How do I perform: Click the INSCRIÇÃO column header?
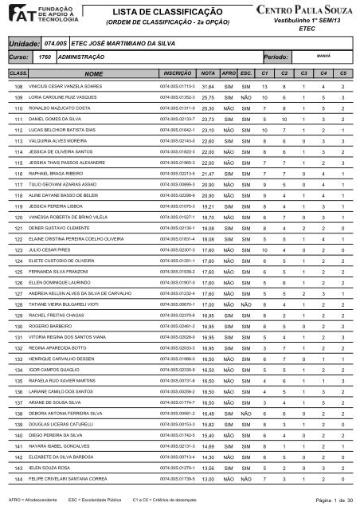tap(177, 72)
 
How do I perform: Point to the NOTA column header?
tap(209, 72)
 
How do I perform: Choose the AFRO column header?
tap(229, 72)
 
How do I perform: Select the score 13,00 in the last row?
tap(209, 481)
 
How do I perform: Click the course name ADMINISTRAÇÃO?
tap(84, 58)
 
